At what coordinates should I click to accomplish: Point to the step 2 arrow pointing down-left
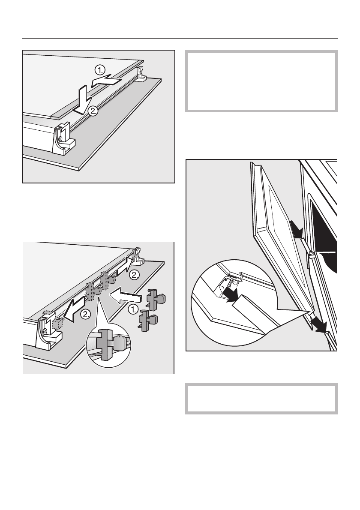click(73, 311)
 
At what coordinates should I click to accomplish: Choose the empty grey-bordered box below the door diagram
click(261, 399)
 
